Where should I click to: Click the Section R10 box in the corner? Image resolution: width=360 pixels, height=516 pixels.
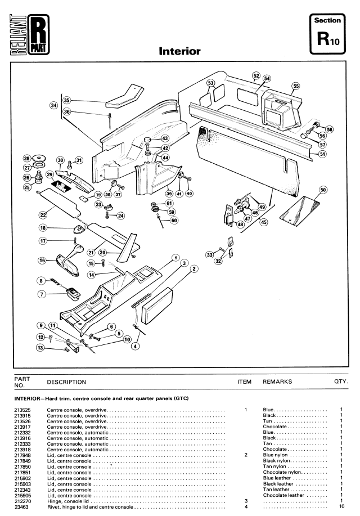(327, 34)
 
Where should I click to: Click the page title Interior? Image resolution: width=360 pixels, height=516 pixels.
(179, 51)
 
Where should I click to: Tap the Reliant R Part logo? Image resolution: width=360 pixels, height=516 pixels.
(29, 34)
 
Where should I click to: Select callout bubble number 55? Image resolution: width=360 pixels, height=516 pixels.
(296, 86)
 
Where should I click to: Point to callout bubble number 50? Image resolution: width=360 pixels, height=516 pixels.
(323, 190)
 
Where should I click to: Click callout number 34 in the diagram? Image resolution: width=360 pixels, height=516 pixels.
(53, 105)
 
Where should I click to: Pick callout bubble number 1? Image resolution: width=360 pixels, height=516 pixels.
(175, 258)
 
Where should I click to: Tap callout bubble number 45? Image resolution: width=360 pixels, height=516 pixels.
(264, 222)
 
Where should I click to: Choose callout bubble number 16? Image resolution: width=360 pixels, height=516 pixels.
(42, 261)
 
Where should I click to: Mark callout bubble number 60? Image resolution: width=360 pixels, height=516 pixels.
(174, 221)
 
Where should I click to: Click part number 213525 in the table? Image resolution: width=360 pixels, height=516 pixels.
(22, 410)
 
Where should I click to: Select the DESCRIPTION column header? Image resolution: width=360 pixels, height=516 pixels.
(66, 382)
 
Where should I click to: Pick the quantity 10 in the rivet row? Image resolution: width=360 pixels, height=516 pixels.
(341, 506)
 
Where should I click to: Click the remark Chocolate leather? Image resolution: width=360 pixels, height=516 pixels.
(283, 495)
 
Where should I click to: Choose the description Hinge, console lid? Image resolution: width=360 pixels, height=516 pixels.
(68, 501)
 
